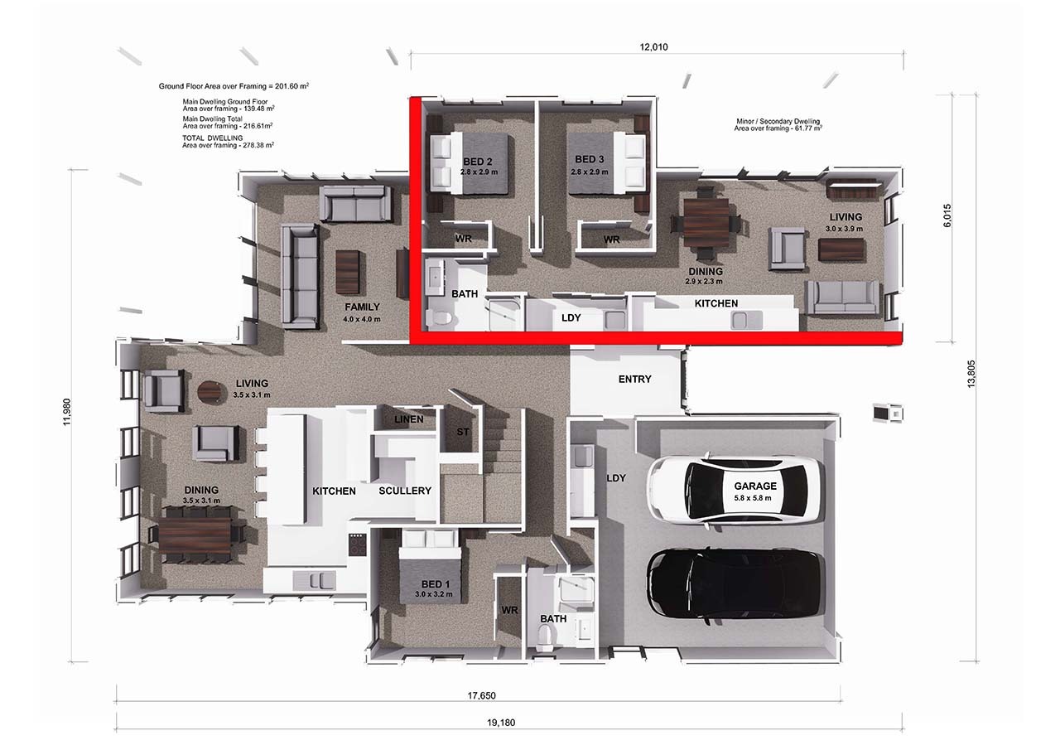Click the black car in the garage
pos(735,584)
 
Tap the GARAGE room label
pos(755,486)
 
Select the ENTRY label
pos(634,380)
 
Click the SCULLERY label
pos(405,491)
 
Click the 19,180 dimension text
pos(500,723)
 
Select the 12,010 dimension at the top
pos(653,47)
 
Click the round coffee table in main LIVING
pos(210,392)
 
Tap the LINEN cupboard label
pos(408,419)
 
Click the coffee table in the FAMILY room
pos(348,272)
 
